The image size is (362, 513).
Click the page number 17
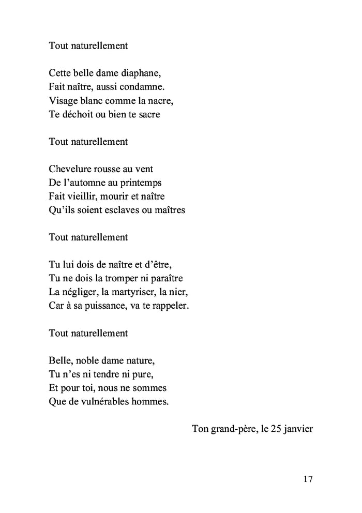tap(308, 479)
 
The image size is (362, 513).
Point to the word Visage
tap(63, 100)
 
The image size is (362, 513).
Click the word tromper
tap(126, 278)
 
